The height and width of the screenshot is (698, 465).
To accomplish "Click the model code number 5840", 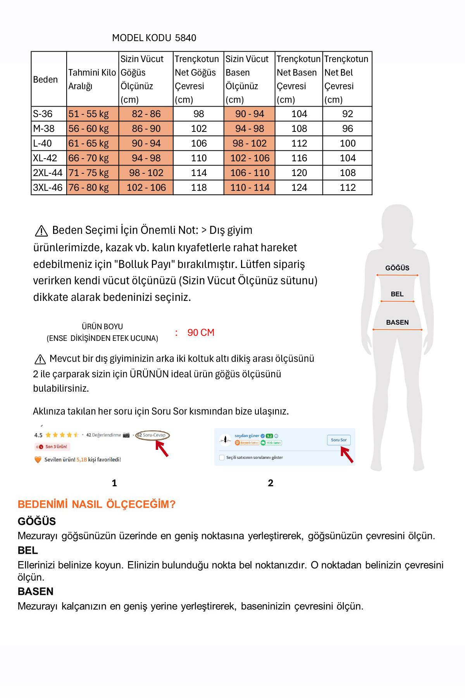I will (186, 38).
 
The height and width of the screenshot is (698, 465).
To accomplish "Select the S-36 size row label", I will (43, 114).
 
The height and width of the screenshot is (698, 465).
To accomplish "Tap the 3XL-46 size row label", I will (48, 188).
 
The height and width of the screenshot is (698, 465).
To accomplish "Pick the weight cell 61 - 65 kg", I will (89, 143).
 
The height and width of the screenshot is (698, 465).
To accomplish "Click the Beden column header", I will (45, 79).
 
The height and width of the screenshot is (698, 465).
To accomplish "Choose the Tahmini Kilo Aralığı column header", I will (92, 79).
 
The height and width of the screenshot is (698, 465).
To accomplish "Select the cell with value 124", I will (299, 188).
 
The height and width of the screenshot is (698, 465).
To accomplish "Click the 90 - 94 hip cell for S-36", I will (250, 114).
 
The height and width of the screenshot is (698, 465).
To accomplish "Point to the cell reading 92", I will (348, 114).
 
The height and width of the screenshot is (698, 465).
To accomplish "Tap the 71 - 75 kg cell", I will (89, 173).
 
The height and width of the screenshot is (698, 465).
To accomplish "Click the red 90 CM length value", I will (201, 333).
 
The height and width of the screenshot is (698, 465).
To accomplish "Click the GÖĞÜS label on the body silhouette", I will (397, 268).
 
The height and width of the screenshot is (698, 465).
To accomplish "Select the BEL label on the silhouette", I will (397, 294).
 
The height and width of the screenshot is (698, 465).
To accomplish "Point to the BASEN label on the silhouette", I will (397, 322).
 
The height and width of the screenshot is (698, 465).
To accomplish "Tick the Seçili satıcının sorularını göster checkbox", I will (222, 458).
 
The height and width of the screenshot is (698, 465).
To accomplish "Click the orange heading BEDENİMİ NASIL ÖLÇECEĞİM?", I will (96, 504).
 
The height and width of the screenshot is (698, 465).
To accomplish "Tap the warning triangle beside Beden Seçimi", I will (41, 231).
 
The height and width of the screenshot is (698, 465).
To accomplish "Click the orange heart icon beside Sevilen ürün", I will (38, 460).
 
